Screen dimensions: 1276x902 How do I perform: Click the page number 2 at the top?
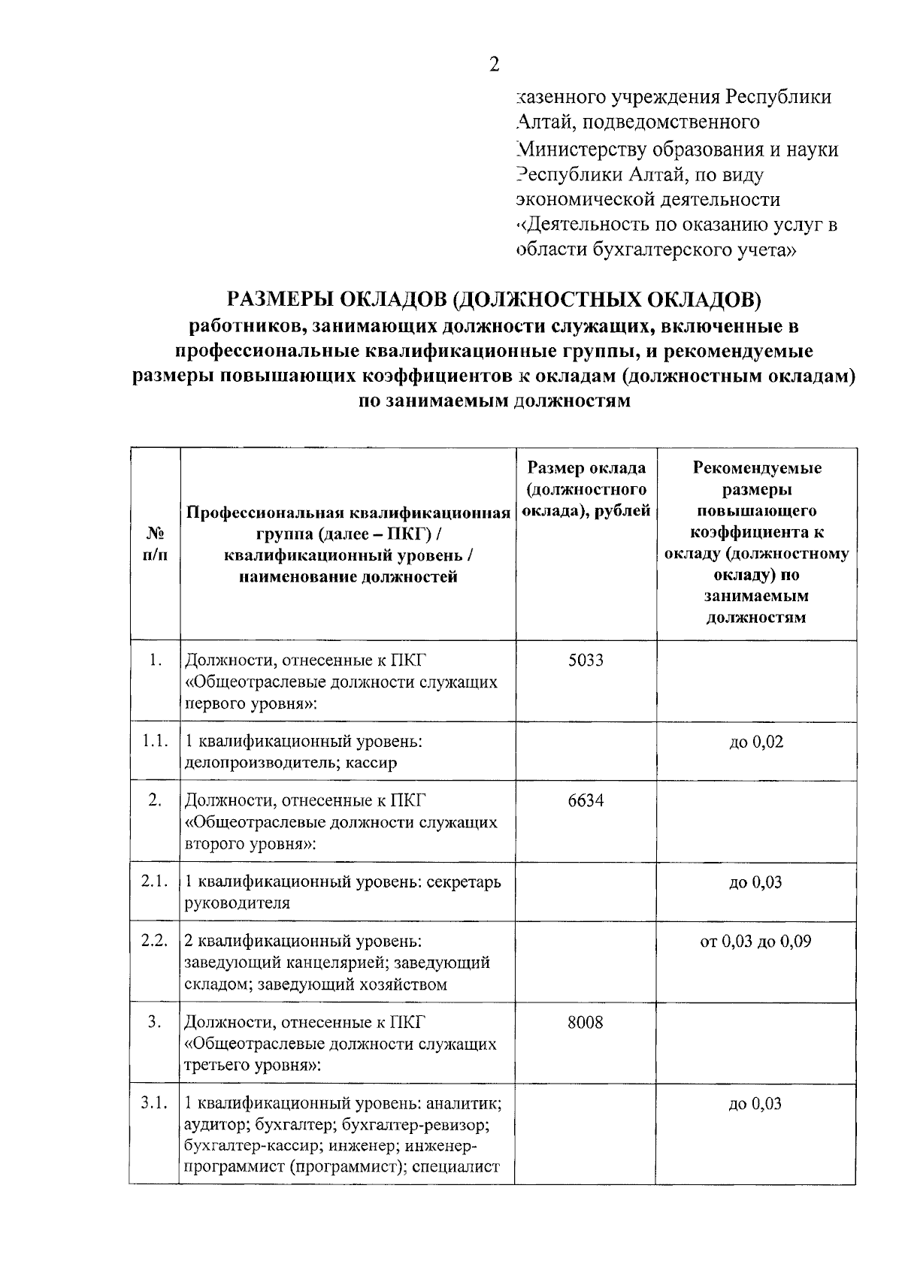point(494,65)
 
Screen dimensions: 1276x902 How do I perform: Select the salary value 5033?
point(586,661)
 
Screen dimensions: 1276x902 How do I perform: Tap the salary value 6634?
point(586,800)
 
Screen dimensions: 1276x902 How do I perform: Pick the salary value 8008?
point(586,1023)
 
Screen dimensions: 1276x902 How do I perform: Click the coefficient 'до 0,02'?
point(755,742)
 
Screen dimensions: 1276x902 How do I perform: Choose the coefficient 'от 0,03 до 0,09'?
point(755,942)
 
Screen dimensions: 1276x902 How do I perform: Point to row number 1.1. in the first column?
point(155,741)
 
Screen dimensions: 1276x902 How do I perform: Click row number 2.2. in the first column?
point(155,941)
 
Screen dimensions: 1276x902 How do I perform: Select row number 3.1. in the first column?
point(155,1103)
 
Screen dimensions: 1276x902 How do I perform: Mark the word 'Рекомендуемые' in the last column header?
point(756,468)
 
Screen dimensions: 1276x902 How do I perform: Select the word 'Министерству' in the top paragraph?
point(580,150)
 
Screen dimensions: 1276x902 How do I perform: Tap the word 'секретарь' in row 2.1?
point(464,881)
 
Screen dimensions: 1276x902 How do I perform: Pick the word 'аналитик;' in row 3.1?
point(465,1104)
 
